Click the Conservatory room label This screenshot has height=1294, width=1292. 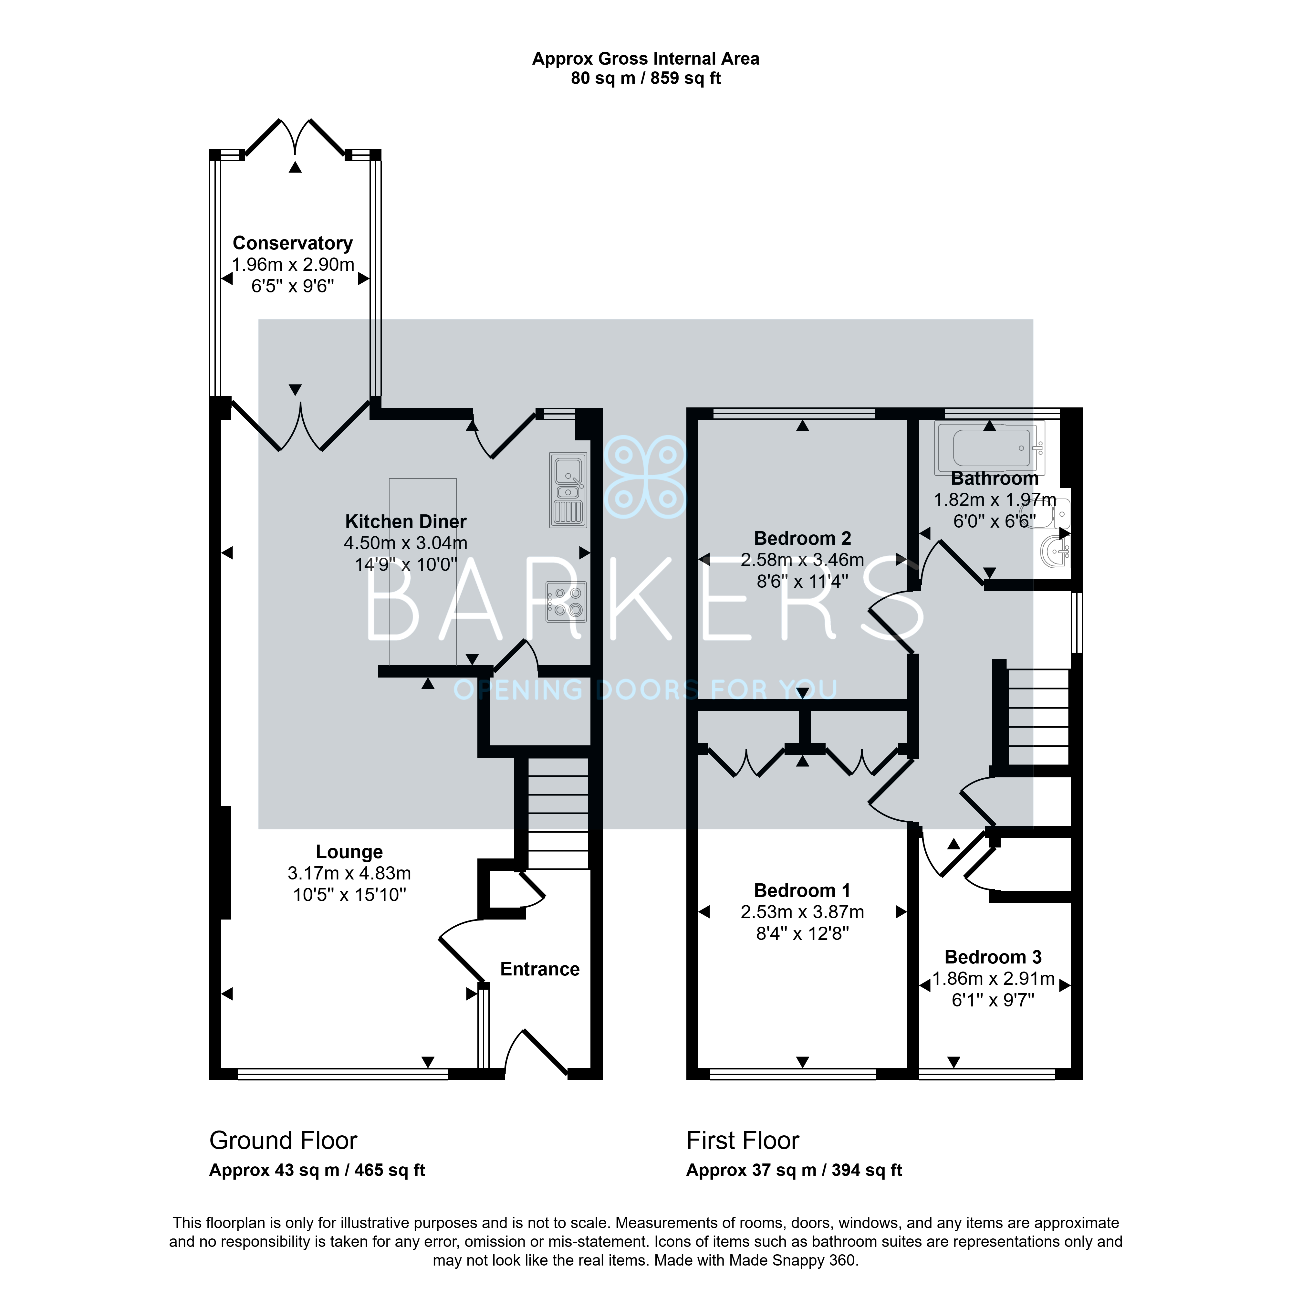coord(293,243)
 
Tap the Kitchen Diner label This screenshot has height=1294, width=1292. coord(406,521)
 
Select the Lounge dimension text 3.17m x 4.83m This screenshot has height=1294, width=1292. coord(349,873)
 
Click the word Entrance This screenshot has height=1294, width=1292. coord(539,969)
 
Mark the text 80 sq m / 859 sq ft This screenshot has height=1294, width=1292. coord(646,79)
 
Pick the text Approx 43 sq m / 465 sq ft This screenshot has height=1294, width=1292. coord(317,1170)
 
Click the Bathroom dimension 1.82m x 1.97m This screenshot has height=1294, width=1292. coord(995,500)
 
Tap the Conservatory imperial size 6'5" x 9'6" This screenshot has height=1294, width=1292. coord(293,286)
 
